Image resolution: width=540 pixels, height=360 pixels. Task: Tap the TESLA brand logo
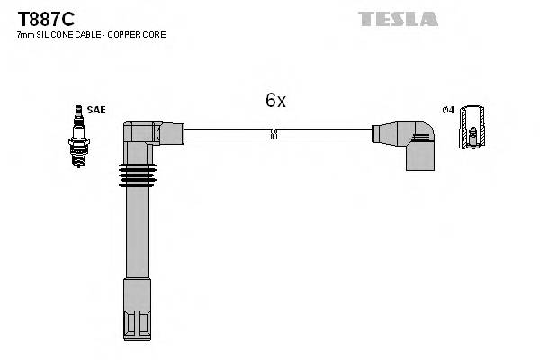(398, 18)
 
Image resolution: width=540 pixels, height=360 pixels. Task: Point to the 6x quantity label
(275, 101)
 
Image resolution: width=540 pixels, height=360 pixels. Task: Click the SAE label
(96, 110)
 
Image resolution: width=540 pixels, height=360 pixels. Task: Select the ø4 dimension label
(447, 110)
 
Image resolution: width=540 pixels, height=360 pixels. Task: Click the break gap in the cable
(274, 134)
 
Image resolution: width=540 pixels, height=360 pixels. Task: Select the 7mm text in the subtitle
(24, 35)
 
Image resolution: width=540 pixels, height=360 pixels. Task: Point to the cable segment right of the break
(324, 134)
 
